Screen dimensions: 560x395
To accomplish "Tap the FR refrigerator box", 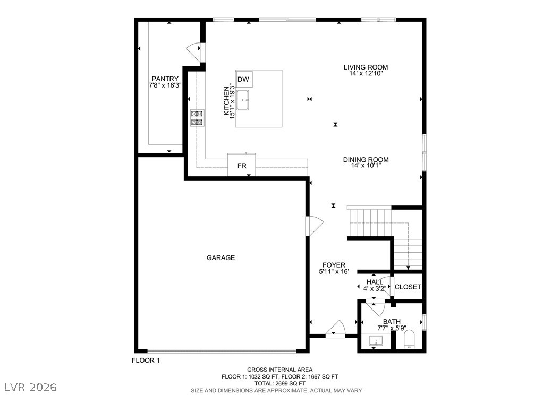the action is coord(242,165).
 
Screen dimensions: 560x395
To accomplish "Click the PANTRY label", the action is coord(165,79).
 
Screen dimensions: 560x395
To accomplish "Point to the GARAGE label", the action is coord(220,257).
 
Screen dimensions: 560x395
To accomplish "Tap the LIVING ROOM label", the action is coord(366,67).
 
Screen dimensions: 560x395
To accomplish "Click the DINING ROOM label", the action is coord(366,159).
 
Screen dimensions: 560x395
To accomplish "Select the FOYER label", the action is coord(334,265).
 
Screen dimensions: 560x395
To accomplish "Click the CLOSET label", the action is coord(408,287).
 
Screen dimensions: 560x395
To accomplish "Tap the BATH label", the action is coord(392,322).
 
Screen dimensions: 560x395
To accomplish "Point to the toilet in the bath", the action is coord(409,339).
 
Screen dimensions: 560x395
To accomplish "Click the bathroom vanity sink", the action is coord(376,341).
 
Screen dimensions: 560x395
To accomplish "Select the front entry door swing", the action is coord(335,328).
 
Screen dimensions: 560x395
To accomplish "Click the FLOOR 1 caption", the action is coord(146,360).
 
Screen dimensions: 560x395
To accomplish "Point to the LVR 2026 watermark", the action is coord(31,387).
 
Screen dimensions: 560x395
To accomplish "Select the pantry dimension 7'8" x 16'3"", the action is coord(165,85).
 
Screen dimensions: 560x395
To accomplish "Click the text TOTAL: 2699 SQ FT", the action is coord(280,383).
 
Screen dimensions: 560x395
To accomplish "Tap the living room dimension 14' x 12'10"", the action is coord(366,73).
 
